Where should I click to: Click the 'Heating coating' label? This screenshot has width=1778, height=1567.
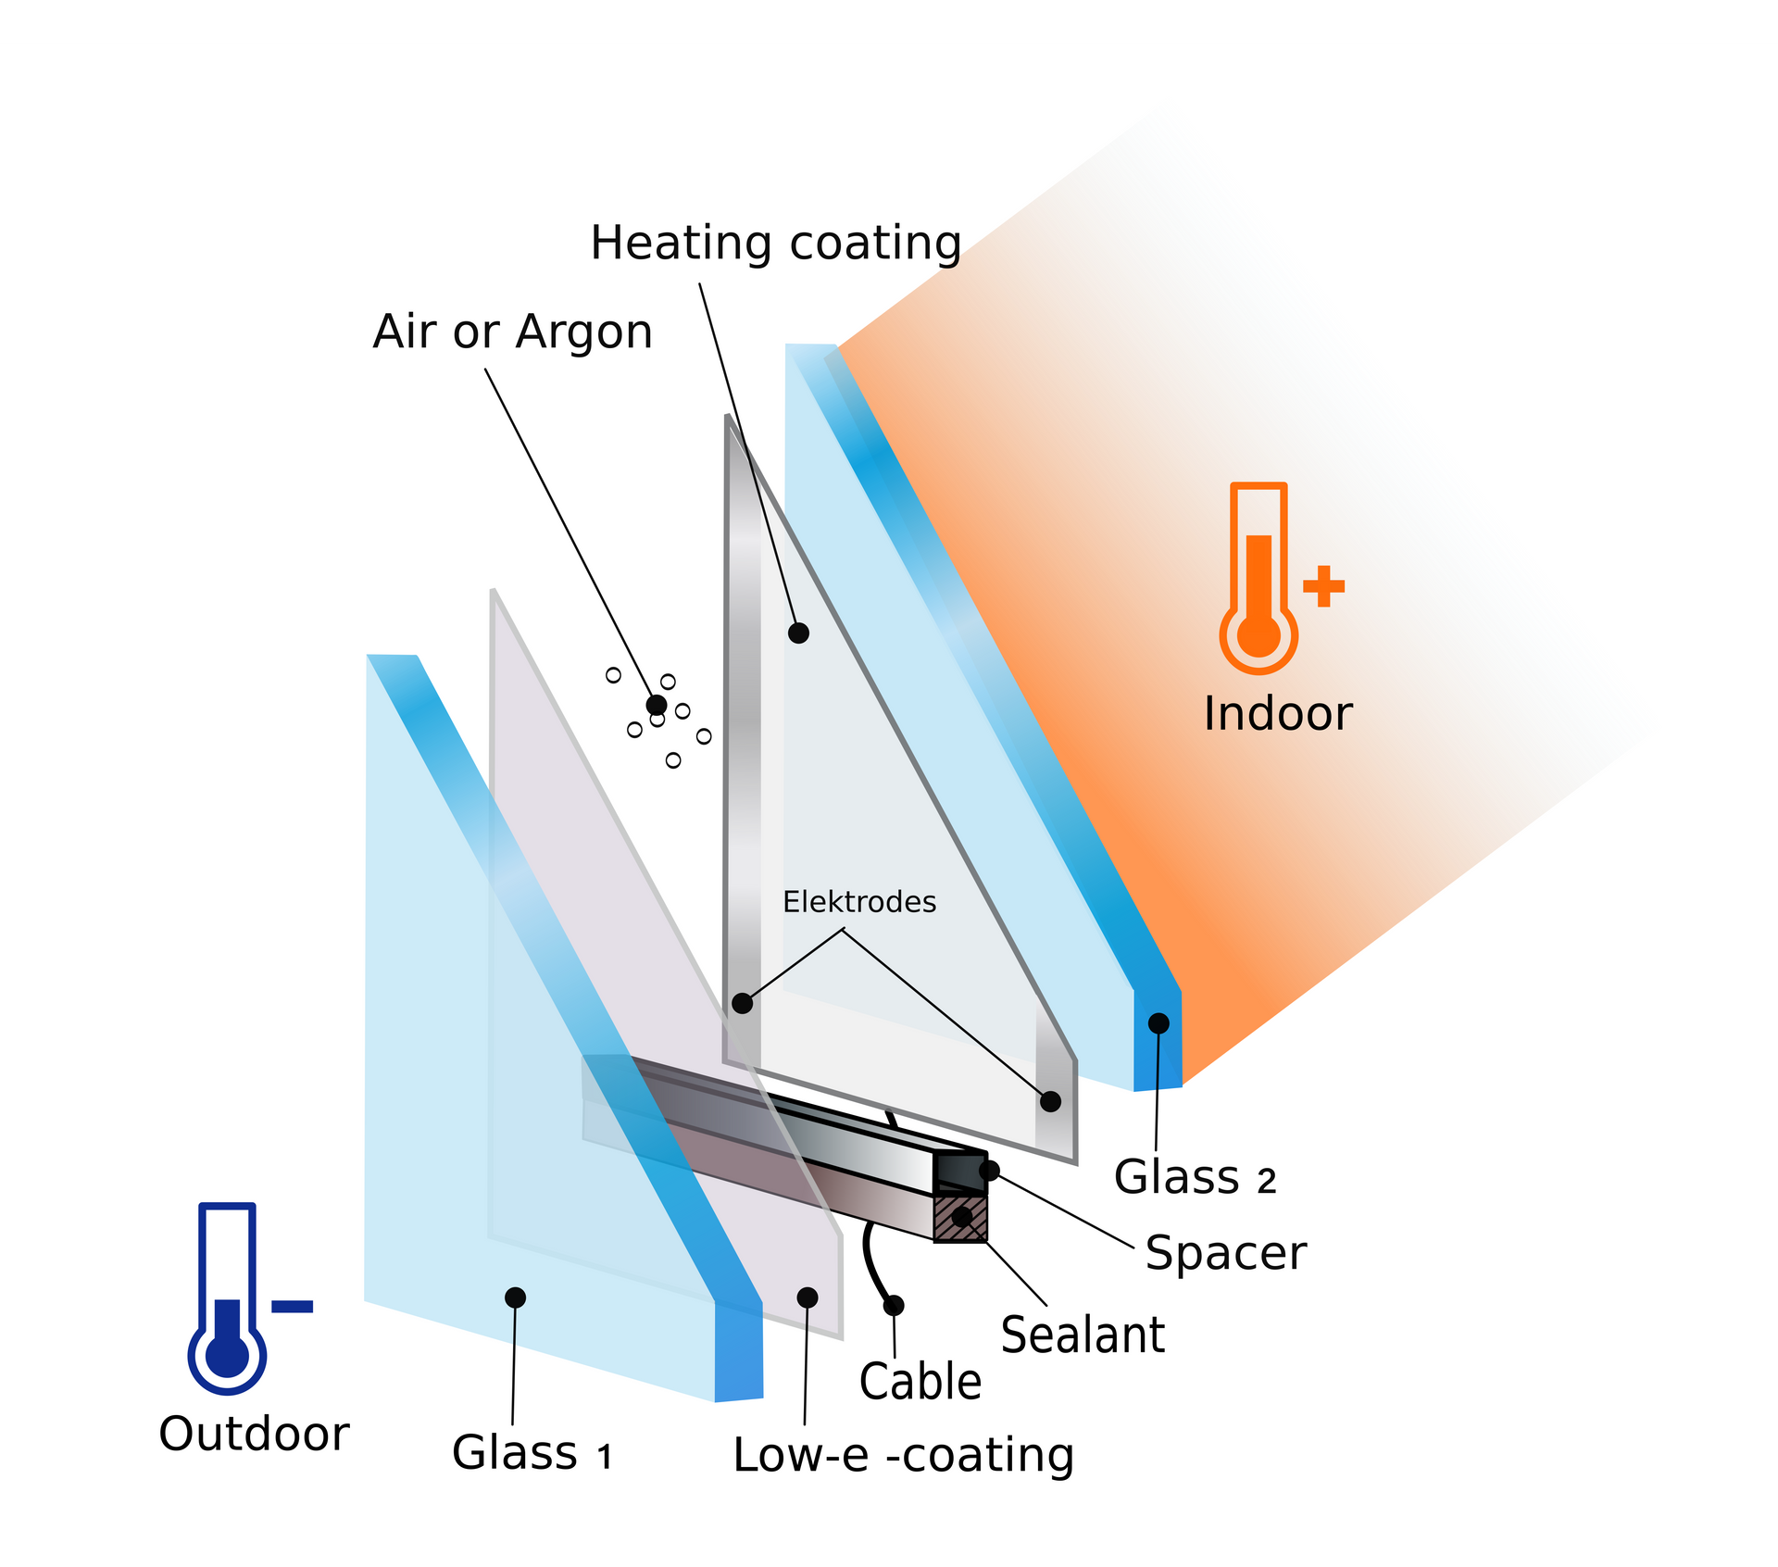(x=776, y=244)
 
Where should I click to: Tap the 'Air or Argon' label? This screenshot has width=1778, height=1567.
(x=512, y=332)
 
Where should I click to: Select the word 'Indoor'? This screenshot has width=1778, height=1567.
(x=1277, y=713)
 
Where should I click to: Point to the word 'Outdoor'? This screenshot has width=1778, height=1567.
(x=254, y=1434)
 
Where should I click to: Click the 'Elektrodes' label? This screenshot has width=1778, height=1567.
(x=859, y=901)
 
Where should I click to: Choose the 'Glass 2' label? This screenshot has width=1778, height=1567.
(x=1195, y=1177)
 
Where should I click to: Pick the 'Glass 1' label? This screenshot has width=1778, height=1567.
(x=532, y=1452)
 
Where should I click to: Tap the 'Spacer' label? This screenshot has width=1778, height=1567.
(x=1225, y=1254)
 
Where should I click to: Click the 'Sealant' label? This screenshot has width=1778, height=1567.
(x=1083, y=1335)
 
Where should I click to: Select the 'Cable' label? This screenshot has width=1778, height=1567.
(x=920, y=1382)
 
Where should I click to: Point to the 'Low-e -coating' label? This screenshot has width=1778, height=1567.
(x=903, y=1455)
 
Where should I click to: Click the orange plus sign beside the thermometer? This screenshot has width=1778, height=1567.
(x=1323, y=586)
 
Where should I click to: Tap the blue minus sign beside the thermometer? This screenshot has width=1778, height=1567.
(x=292, y=1307)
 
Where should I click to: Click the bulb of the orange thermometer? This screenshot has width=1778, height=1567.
(x=1258, y=635)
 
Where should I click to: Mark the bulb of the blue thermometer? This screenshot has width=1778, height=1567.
(x=227, y=1355)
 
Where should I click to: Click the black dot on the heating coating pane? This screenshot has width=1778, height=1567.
(x=798, y=633)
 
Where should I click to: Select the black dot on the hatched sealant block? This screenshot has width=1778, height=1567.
(x=962, y=1217)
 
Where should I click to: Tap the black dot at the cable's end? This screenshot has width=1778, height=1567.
(x=894, y=1306)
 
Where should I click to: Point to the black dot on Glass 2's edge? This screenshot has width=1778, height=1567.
(x=1158, y=1023)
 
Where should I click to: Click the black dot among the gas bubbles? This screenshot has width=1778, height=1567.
(x=657, y=705)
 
